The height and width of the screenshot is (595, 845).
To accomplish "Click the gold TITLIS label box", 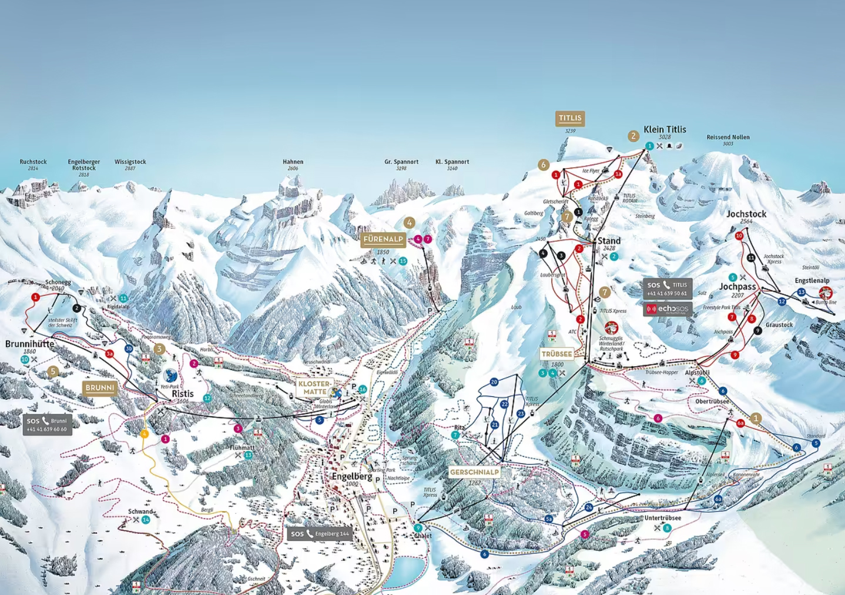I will pyautogui.click(x=569, y=118).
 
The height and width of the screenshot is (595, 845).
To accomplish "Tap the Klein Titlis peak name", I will pyautogui.click(x=665, y=129).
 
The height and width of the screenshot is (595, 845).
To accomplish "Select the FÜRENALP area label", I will pyautogui.click(x=383, y=239).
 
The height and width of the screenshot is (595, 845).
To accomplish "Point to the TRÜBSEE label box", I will pyautogui.click(x=556, y=354).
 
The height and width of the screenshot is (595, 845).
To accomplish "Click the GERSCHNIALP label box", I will pyautogui.click(x=474, y=472).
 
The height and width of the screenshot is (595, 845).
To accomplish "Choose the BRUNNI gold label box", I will pyautogui.click(x=100, y=388).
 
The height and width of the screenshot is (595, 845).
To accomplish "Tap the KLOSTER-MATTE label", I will pyautogui.click(x=314, y=387).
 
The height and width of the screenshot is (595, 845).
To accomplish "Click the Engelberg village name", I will pyautogui.click(x=352, y=476).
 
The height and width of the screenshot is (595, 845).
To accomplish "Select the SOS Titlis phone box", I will pyautogui.click(x=667, y=289).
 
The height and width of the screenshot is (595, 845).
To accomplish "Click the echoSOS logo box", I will pyautogui.click(x=667, y=309).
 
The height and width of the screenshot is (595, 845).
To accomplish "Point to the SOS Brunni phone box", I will pyautogui.click(x=48, y=424).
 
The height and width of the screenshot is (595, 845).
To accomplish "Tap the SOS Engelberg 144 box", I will pyautogui.click(x=320, y=534).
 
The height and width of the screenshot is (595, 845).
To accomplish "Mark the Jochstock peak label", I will pyautogui.click(x=746, y=214).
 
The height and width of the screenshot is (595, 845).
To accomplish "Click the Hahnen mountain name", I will pyautogui.click(x=293, y=162).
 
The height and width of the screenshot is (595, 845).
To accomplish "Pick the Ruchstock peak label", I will pyautogui.click(x=33, y=162).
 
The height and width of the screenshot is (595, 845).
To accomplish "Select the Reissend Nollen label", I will pyautogui.click(x=727, y=137).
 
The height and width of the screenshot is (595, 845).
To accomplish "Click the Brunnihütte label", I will pyautogui.click(x=29, y=344).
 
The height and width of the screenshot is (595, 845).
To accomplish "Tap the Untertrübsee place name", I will pyautogui.click(x=662, y=518).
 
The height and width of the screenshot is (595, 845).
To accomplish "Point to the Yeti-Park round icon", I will pyautogui.click(x=170, y=376).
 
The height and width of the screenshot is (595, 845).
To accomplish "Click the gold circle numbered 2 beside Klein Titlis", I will pyautogui.click(x=633, y=136).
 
